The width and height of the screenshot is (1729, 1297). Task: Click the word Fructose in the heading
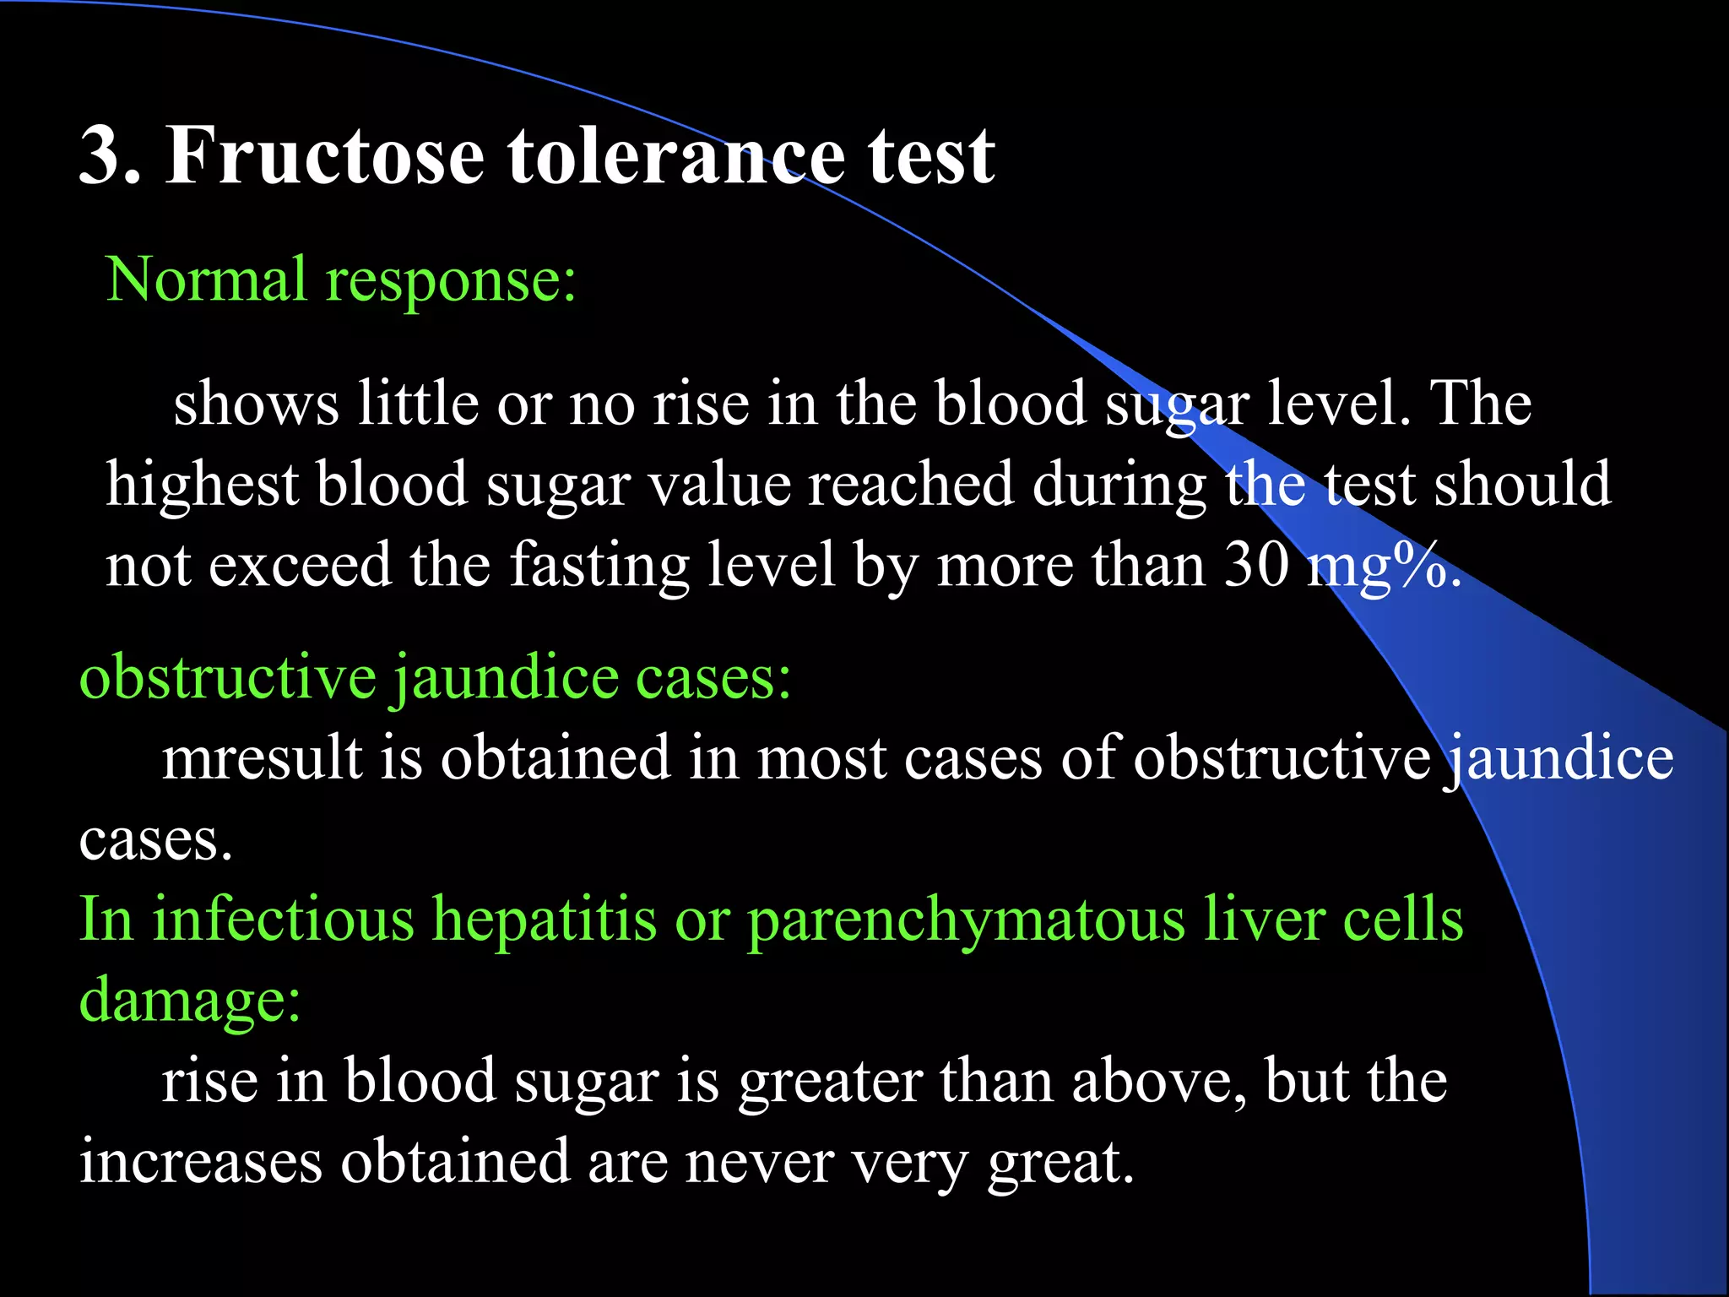tap(325, 155)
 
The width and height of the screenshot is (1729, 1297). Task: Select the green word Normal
tap(206, 280)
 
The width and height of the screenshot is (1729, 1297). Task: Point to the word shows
tap(256, 404)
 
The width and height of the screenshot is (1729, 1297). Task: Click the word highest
tap(202, 486)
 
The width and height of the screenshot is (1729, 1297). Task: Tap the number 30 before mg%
tap(1257, 565)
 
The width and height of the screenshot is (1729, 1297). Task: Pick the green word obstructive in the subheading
tap(227, 677)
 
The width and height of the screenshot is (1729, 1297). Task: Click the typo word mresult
tap(262, 758)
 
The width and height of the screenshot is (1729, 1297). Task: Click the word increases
tap(201, 1162)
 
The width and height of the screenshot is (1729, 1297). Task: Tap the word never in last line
tap(759, 1163)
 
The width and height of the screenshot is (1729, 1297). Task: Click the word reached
tap(911, 485)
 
